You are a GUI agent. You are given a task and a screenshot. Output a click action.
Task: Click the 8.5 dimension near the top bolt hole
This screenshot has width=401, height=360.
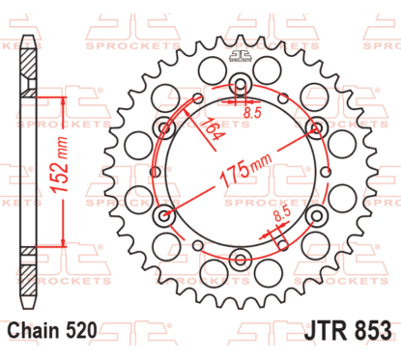pos(253,114)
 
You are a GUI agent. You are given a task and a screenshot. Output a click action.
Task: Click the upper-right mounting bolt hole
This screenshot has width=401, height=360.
pos(314,125)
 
